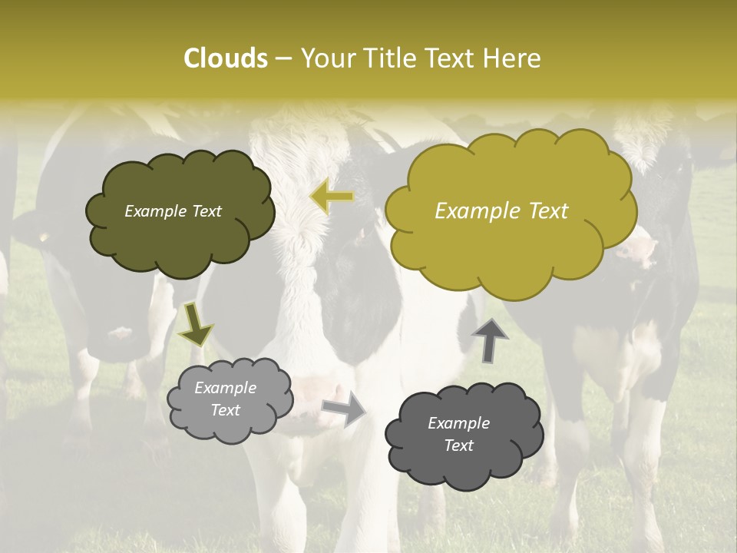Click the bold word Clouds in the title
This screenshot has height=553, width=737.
tap(225, 58)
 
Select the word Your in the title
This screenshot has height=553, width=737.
tap(327, 58)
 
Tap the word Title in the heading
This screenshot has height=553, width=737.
tap(387, 58)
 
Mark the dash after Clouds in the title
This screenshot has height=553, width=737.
tap(283, 59)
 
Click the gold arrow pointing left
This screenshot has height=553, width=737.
tap(332, 197)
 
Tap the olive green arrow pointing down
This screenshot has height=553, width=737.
tap(195, 326)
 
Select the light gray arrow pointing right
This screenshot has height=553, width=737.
tap(344, 409)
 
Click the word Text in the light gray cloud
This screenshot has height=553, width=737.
tap(225, 410)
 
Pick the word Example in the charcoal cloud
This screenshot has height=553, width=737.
tap(458, 423)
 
